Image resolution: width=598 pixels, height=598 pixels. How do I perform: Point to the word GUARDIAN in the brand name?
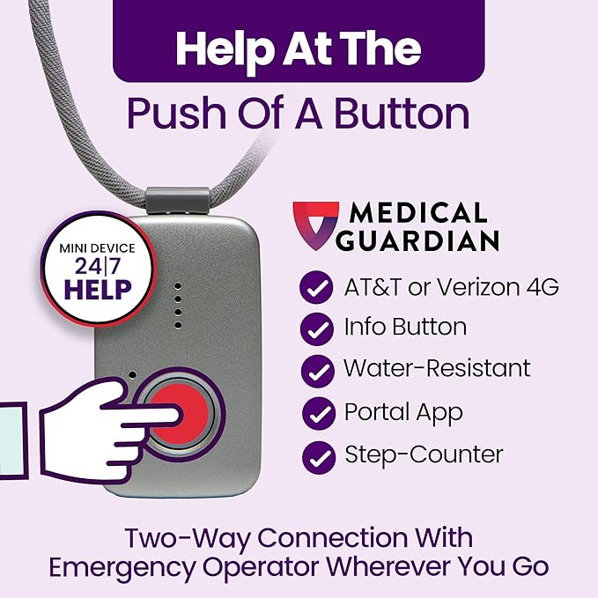[425, 240]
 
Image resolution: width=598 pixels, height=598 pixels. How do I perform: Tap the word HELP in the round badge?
[97, 287]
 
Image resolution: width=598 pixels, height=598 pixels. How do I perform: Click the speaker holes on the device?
[178, 305]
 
